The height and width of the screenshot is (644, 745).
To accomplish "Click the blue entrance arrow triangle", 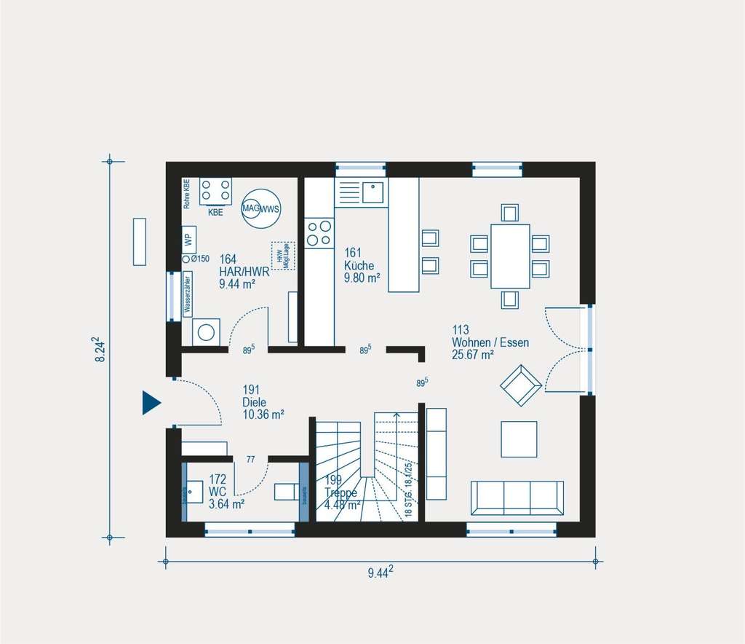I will coord(150,403).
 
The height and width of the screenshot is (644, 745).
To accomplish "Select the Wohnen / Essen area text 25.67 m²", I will coord(472,355).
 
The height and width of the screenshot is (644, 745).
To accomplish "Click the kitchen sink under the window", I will coord(372,192).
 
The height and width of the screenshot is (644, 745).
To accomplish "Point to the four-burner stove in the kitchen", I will coord(319,232).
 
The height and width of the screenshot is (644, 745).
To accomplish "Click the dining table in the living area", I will coord(509,256).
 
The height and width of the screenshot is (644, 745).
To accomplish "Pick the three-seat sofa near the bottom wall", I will coord(517,498).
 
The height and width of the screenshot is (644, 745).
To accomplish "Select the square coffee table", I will coord(519,439).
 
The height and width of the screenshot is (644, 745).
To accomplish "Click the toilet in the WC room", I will coord(287,492).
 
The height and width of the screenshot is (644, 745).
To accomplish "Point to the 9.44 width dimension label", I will coord(381,573).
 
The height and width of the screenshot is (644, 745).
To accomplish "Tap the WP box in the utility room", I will coord(188,239).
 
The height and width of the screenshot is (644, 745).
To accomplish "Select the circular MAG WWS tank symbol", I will coord(261,208).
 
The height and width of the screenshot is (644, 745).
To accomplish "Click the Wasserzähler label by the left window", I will coord(188,294).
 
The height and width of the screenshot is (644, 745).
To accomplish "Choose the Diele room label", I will coord(255,401).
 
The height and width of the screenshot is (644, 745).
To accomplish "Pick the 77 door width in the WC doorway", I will coord(250,459).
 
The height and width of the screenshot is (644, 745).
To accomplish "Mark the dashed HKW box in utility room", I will coord(284,256).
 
